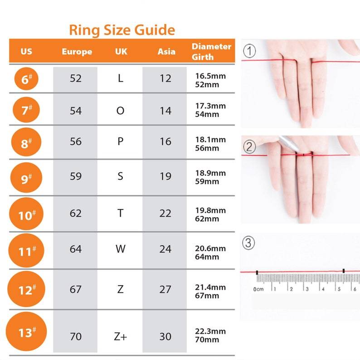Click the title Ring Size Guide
click(122, 30)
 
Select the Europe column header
click(77, 52)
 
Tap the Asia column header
click(166, 51)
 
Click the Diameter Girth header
click(211, 52)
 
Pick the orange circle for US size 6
click(26, 79)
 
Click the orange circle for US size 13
click(26, 331)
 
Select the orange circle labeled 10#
click(26, 214)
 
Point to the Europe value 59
click(76, 176)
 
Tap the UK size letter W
click(121, 249)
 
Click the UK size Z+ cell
click(121, 336)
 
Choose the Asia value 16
click(165, 141)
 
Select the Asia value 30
click(165, 336)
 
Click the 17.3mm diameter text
click(210, 106)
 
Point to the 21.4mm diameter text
click(210, 287)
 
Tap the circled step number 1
click(249, 51)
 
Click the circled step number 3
click(248, 243)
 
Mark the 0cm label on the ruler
click(258, 289)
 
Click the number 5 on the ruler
click(339, 289)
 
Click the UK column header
click(121, 51)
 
